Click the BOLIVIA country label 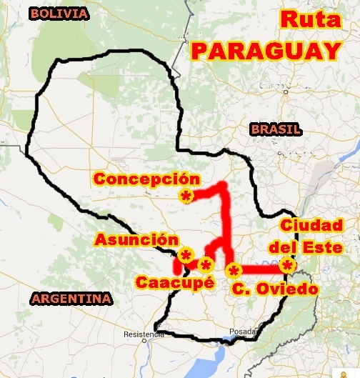60,14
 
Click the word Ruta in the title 309,19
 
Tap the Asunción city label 136,239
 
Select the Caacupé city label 175,282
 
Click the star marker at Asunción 186,255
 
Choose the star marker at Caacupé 206,266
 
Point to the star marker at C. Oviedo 233,271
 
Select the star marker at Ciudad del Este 287,266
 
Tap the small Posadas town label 242,332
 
